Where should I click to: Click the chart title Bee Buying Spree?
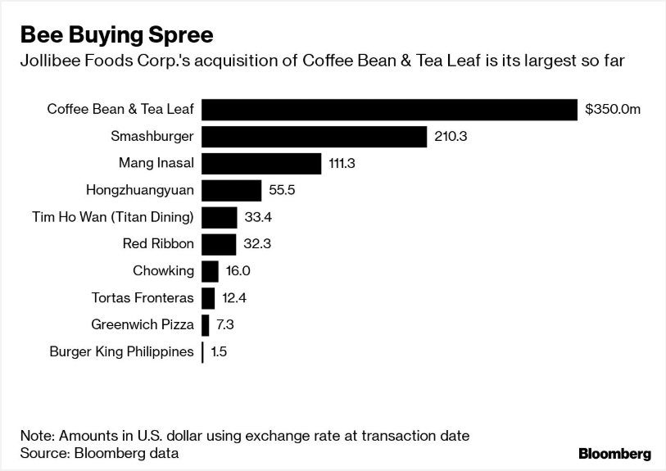116,35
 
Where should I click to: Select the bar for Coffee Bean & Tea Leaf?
390,110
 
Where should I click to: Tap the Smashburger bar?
315,137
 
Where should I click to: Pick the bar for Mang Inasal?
261,164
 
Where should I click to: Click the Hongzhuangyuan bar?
232,191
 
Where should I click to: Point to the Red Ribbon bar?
219,244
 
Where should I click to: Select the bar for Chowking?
210,271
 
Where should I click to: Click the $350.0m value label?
613,110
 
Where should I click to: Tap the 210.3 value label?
451,137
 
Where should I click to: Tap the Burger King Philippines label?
122,352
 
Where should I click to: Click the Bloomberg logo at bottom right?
614,454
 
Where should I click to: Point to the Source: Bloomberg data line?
99,452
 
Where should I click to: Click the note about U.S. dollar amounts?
245,434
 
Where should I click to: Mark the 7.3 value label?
225,325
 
